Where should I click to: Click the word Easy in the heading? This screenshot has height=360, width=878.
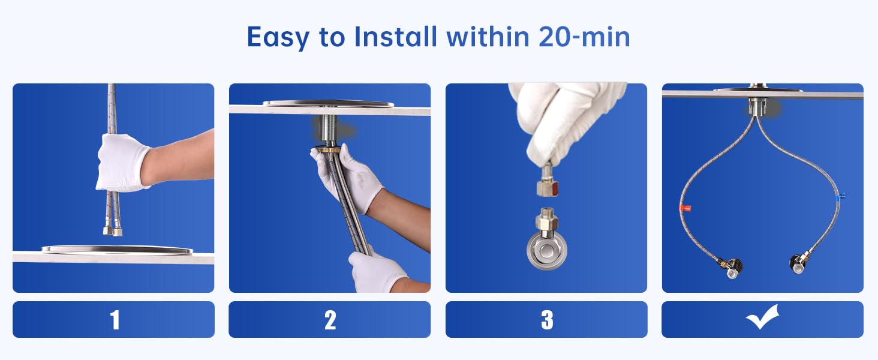tap(278, 38)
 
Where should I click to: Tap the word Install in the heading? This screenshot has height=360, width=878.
tap(395, 37)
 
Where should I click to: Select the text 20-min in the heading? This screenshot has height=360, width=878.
tap(584, 37)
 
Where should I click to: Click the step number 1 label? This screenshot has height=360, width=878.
tap(115, 320)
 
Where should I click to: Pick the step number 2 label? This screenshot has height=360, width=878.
tap(330, 320)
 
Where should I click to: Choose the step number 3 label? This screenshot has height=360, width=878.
tap(547, 320)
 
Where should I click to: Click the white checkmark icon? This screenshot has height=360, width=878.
tap(762, 317)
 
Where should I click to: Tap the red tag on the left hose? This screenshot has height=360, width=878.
tap(685, 208)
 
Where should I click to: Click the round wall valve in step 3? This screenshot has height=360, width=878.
tap(547, 250)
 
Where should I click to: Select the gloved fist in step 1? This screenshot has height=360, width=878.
tap(122, 163)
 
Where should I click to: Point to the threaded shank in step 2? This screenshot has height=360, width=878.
tap(332, 130)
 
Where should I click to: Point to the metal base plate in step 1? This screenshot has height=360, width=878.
tap(117, 250)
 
